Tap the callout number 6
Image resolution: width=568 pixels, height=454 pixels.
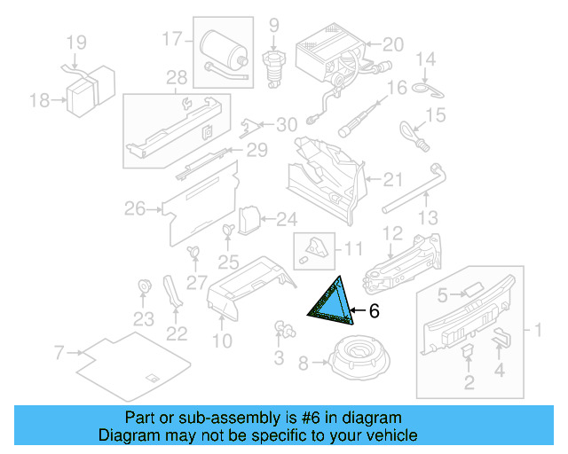[x=374, y=311]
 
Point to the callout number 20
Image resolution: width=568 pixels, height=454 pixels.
[x=392, y=43]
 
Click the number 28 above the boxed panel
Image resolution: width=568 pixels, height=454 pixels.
[x=177, y=77]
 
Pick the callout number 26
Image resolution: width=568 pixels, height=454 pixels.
[x=134, y=209]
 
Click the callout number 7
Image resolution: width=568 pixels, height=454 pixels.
[x=59, y=354]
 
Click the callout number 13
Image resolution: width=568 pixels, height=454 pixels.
[x=428, y=217]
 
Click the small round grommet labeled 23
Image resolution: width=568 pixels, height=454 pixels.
[x=143, y=286]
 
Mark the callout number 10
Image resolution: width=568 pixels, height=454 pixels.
[x=222, y=340]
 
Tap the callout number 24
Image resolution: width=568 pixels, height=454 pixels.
[x=286, y=218]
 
